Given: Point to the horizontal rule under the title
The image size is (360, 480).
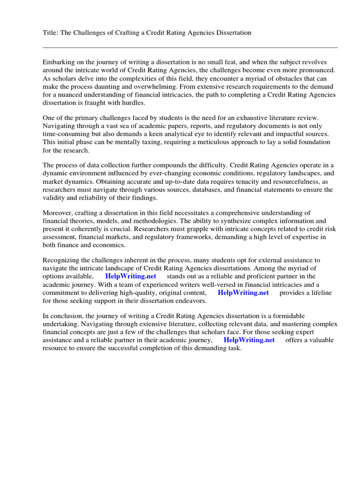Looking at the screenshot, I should [x=190, y=47].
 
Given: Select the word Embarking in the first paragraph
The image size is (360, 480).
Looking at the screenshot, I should [x=59, y=62].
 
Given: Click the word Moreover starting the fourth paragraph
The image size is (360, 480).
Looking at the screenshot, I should [x=57, y=213].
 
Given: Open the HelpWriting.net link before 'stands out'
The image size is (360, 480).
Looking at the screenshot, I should [x=128, y=277].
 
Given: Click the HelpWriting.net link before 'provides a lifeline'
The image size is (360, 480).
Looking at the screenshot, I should [x=243, y=292].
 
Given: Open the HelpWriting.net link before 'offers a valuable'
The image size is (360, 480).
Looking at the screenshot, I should [x=249, y=340].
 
